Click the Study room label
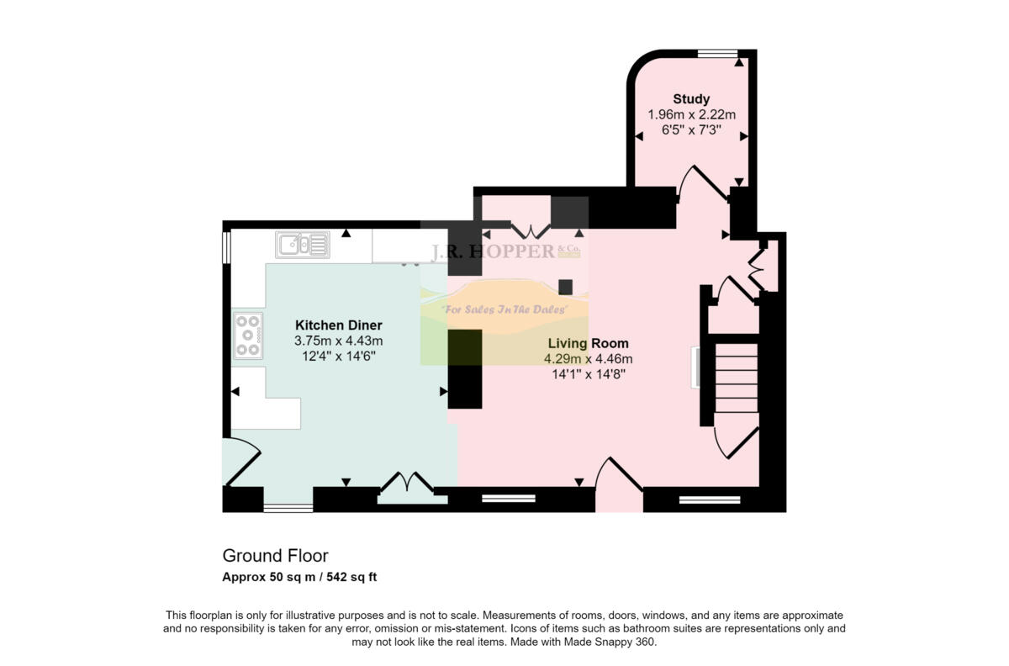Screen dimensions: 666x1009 [691, 99]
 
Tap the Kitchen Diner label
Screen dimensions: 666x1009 [339, 325]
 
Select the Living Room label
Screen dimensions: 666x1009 [588, 343]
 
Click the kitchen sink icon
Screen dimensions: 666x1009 [302, 245]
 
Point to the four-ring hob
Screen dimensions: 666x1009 [249, 336]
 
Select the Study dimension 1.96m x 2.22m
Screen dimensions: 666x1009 [691, 114]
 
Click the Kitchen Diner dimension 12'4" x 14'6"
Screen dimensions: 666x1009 [339, 356]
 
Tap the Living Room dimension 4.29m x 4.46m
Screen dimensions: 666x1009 [588, 358]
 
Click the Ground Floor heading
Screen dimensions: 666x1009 [275, 556]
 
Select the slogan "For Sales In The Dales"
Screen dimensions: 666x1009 [504, 309]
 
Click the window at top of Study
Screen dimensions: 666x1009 [717, 55]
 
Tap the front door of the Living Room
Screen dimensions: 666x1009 [618, 486]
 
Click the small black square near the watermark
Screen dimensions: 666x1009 [566, 287]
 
